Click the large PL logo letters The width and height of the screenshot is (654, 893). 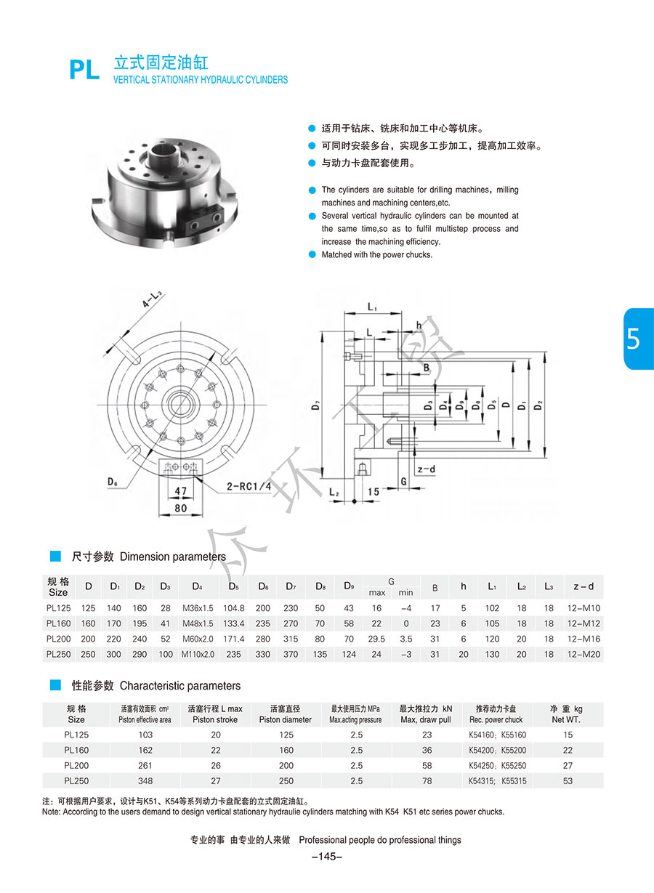click(x=84, y=70)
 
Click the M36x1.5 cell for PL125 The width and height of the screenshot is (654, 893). click(x=198, y=608)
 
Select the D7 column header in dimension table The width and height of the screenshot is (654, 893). click(x=291, y=586)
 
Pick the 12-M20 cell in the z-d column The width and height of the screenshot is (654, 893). click(x=583, y=654)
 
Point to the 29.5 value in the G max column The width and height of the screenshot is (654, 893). click(x=376, y=639)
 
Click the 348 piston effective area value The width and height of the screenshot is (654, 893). click(x=145, y=781)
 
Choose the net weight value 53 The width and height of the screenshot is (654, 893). click(x=568, y=781)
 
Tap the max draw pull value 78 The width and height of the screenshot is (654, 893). click(x=427, y=781)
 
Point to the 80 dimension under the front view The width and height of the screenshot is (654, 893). click(x=181, y=509)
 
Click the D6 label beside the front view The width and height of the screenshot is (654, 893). click(x=113, y=480)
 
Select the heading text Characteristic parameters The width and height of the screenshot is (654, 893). click(x=179, y=686)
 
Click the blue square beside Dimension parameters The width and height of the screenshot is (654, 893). click(x=55, y=557)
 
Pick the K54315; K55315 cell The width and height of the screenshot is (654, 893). click(x=497, y=781)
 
